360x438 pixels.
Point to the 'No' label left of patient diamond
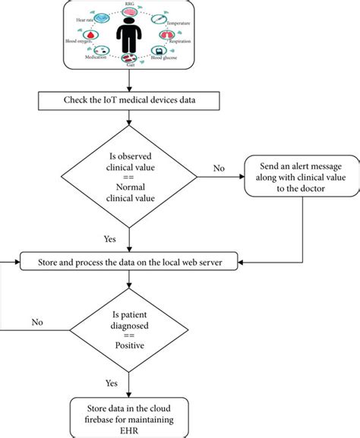point(37,322)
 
